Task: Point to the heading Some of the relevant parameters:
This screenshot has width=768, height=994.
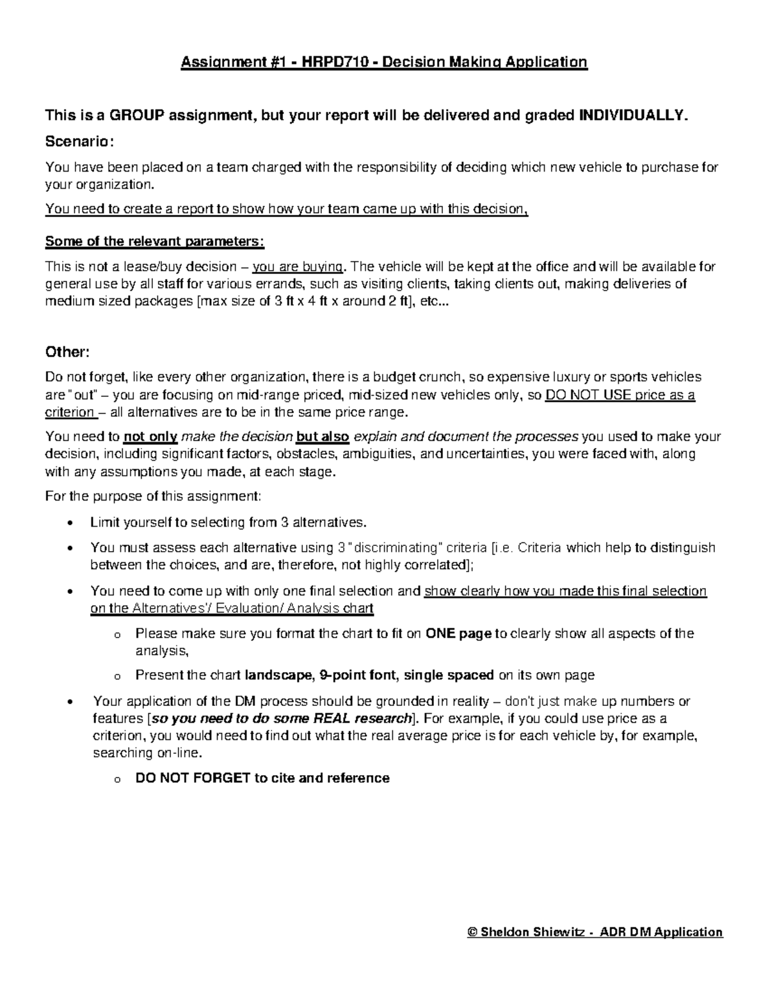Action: [154, 242]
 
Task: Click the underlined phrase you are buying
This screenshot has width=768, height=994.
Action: [299, 267]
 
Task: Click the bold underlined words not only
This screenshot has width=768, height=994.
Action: [151, 437]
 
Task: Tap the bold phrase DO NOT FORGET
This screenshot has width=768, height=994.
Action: [193, 778]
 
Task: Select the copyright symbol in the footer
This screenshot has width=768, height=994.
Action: [473, 933]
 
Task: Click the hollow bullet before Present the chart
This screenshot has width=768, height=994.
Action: [116, 677]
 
